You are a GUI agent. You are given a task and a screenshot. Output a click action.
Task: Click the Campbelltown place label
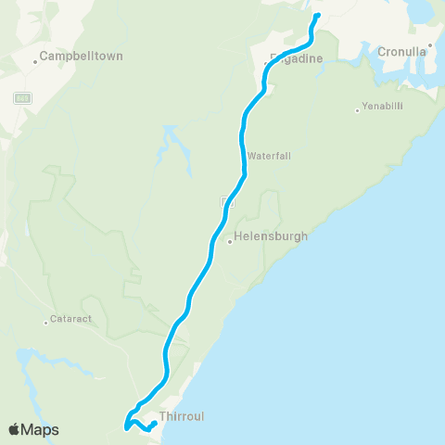pyautogui.click(x=83, y=56)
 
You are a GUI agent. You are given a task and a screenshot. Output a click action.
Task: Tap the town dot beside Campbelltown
pyautogui.click(x=36, y=62)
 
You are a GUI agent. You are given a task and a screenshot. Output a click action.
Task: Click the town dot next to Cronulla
pyautogui.click(x=431, y=43)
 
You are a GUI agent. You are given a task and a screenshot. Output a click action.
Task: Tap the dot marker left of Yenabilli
pyautogui.click(x=358, y=111)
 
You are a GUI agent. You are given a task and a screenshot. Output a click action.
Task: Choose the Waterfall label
pyautogui.click(x=270, y=156)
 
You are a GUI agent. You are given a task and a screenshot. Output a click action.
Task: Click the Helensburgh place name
pyautogui.click(x=272, y=236)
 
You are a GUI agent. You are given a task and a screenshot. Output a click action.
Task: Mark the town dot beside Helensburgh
pyautogui.click(x=230, y=243)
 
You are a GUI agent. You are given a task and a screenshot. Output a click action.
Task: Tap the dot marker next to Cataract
pyautogui.click(x=45, y=323)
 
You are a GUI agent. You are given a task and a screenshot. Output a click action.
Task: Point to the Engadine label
pyautogui.click(x=297, y=58)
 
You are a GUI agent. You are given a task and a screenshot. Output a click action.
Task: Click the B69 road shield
pyautogui.click(x=22, y=96)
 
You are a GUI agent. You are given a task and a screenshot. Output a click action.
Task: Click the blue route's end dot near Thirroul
pyautogui.click(x=153, y=425)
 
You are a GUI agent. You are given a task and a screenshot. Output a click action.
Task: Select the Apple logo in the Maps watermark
pyautogui.click(x=15, y=430)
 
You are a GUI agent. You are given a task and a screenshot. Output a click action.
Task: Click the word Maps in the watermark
pyautogui.click(x=41, y=430)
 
